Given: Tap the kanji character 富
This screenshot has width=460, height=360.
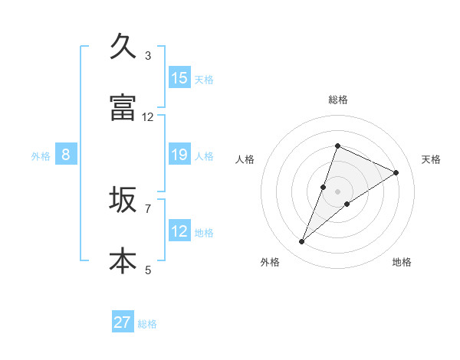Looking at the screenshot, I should [122, 107].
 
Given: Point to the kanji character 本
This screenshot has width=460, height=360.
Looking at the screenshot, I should [122, 260].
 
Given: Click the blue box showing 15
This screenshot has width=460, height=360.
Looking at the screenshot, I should [179, 77].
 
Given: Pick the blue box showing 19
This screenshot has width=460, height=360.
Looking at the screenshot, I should [179, 155].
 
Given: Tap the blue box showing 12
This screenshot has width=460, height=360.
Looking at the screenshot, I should [179, 231].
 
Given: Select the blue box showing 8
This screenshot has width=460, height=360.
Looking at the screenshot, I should [66, 155].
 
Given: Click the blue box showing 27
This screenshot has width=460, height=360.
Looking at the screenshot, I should [123, 322].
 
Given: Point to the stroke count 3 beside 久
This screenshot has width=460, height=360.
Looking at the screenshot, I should [148, 55].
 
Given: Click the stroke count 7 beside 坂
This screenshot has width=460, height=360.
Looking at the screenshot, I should [148, 208].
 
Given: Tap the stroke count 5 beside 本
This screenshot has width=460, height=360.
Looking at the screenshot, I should [148, 269].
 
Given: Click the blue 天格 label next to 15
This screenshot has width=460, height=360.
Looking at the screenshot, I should [204, 79].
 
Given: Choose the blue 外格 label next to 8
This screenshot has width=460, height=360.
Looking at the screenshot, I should [41, 156].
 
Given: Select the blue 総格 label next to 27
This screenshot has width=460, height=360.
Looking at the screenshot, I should [147, 324].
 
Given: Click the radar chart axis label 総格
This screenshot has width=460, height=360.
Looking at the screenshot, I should [337, 100].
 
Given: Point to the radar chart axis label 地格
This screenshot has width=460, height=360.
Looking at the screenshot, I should [402, 262].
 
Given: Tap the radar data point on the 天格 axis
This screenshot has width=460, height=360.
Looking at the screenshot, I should [396, 172].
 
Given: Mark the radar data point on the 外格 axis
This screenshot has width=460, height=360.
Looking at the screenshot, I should [301, 242].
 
